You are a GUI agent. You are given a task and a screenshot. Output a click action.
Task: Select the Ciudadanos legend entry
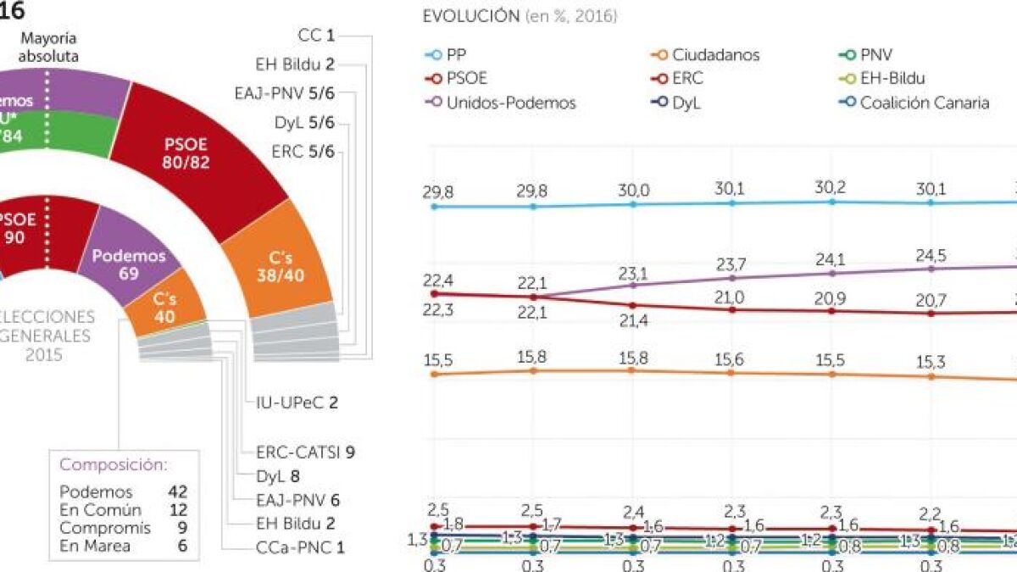point(716,55)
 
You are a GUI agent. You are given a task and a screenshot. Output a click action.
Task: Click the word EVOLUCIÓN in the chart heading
point(470,16)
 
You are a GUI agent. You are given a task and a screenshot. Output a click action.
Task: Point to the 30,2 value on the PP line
point(831,188)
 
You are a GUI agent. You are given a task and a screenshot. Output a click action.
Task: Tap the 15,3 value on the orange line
point(931,361)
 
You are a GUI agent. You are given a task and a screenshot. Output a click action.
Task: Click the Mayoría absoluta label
point(49,47)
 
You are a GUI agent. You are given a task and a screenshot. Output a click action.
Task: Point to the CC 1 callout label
point(317,36)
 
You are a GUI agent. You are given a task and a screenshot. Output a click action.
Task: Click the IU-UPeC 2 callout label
point(297,403)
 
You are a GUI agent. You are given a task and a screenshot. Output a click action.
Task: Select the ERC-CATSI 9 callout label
point(304,452)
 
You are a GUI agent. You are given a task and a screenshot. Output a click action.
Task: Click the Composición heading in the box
point(113,465)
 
